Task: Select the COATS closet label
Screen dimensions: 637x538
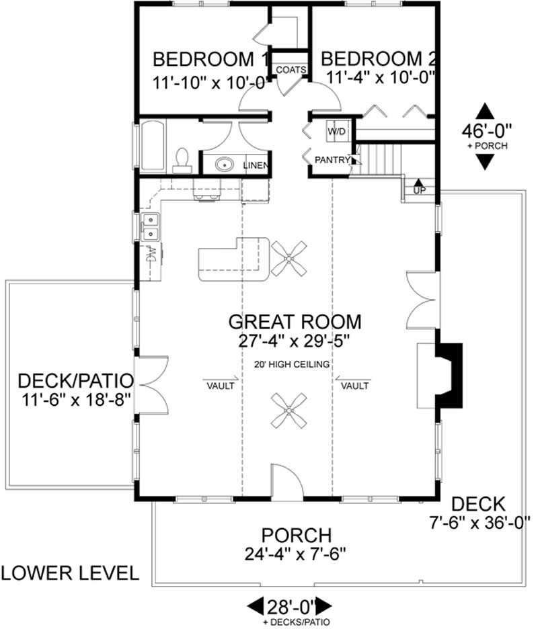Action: tap(292, 69)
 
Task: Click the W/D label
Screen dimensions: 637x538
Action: tap(336, 132)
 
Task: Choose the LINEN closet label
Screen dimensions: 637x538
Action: tap(256, 165)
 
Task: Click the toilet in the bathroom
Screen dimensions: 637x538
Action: tap(180, 158)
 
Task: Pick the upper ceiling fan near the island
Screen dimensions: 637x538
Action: tap(289, 258)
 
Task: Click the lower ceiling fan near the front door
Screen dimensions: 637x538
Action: tap(289, 410)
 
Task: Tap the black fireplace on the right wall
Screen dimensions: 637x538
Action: tap(451, 375)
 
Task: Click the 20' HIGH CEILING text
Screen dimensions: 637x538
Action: tap(289, 365)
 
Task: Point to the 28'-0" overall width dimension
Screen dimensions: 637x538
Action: tap(291, 605)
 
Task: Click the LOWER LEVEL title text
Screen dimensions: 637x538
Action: tap(70, 572)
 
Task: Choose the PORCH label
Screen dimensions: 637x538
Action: tap(297, 536)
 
